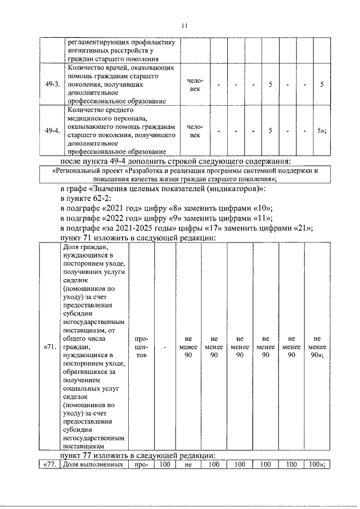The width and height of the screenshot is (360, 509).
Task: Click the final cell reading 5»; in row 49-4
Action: pyautogui.click(x=322, y=131)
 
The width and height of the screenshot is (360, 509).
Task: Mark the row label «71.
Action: pyautogui.click(x=49, y=347)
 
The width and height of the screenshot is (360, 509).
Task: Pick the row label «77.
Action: pyautogui.click(x=49, y=465)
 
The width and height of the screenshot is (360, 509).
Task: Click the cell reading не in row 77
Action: pyautogui.click(x=188, y=465)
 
